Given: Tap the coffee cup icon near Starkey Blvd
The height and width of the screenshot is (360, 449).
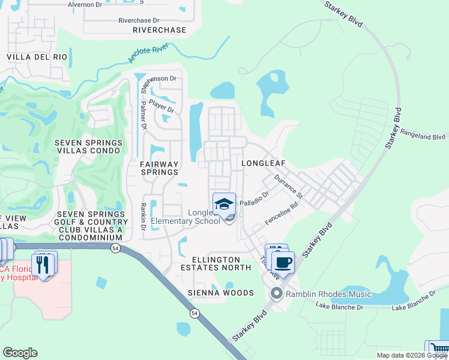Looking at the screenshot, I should (283, 262).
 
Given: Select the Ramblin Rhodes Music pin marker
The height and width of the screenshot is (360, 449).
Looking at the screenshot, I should (276, 293).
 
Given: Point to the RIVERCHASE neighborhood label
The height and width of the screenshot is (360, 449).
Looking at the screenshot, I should (159, 30).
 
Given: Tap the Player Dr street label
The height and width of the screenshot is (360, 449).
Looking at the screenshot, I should (161, 106).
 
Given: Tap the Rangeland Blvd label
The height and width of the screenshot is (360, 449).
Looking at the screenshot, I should (423, 137).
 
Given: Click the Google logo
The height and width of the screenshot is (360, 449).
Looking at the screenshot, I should (20, 353).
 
